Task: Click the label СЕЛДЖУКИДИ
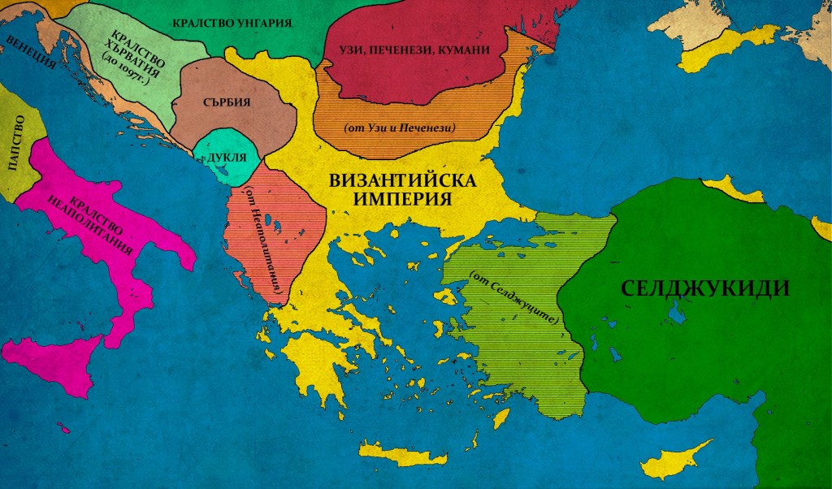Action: click(704, 288)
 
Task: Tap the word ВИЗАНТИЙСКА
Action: click(401, 181)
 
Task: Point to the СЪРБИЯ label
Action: click(224, 103)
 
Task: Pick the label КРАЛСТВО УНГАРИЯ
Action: click(232, 22)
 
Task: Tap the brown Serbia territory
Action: click(244, 122)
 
